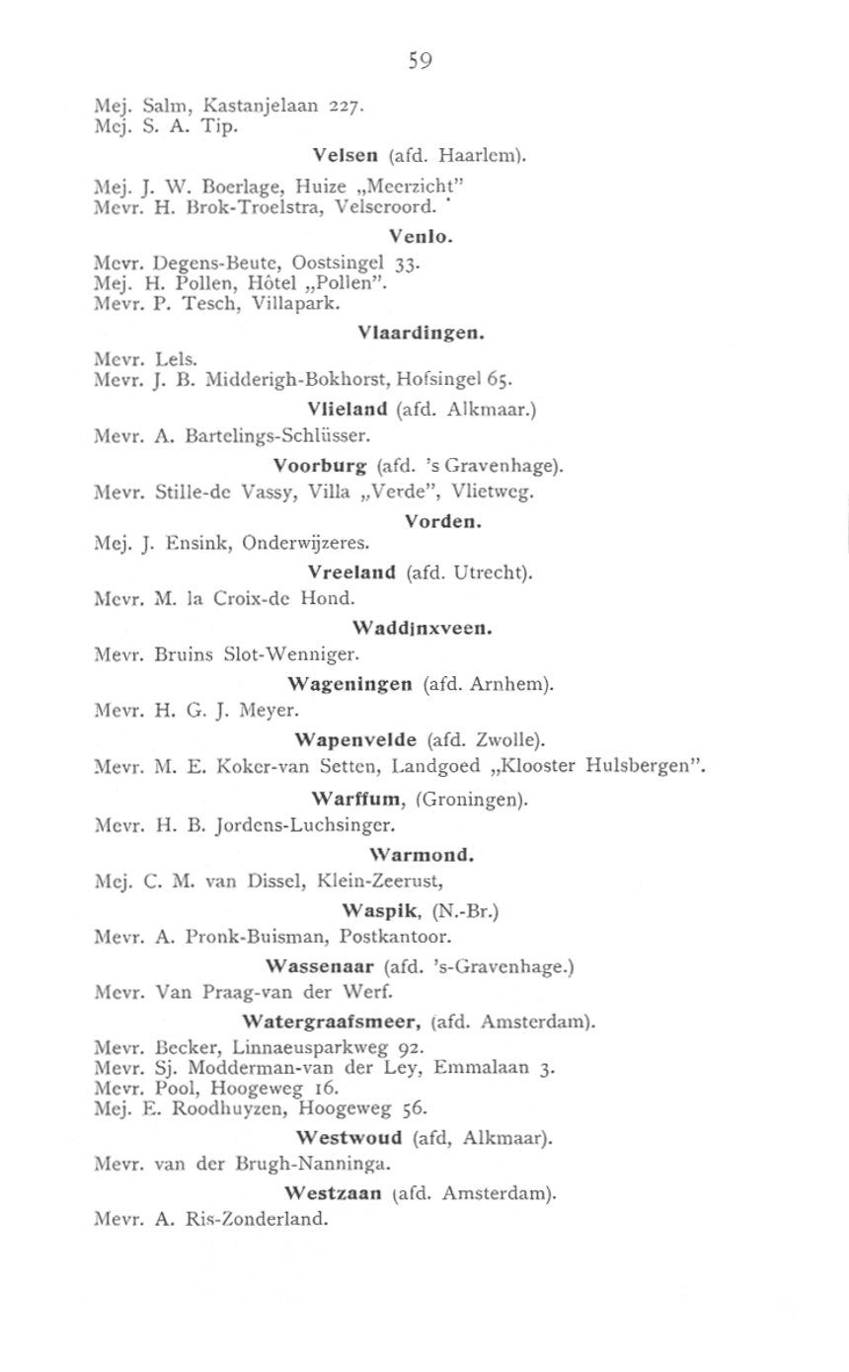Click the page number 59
click(421, 61)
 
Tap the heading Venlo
click(421, 236)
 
